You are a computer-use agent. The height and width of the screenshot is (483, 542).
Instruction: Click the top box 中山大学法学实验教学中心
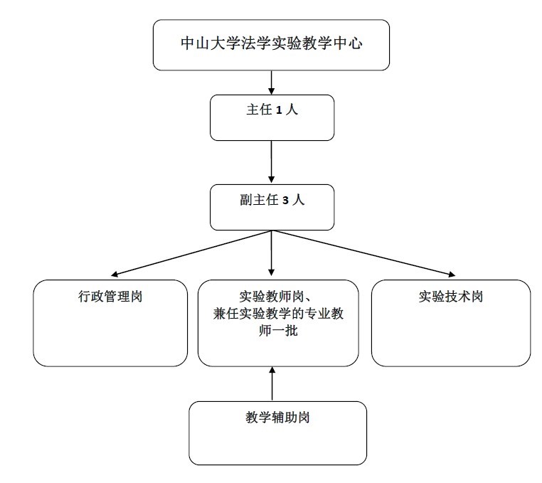point(271,45)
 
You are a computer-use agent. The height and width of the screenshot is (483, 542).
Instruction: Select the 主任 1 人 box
point(272,118)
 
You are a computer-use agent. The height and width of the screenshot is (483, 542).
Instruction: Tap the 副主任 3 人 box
point(272,207)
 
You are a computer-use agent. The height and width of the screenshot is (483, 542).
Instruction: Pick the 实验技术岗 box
point(450,324)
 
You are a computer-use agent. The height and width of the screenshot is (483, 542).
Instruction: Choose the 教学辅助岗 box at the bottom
point(277,432)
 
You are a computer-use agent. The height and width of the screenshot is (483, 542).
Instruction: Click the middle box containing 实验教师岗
point(277,324)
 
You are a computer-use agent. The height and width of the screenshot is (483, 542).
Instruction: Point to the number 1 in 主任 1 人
point(280,110)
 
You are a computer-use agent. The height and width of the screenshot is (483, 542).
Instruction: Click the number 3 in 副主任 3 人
point(285,200)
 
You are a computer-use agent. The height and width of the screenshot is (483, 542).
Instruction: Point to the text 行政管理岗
point(110,296)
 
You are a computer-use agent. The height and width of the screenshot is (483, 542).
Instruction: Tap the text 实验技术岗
point(450,296)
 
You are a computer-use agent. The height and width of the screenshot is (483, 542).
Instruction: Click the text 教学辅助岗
point(277,418)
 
